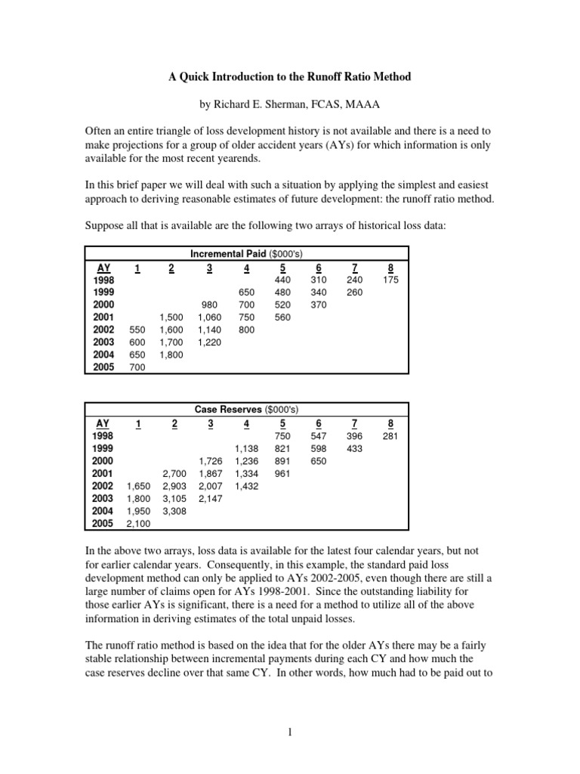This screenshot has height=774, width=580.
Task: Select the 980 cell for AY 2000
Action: coord(209,305)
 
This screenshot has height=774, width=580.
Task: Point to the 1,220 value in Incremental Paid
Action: coord(209,342)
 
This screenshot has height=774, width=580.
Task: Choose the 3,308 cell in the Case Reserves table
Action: coord(174,511)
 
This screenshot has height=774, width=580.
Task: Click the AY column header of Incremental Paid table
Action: coord(103,267)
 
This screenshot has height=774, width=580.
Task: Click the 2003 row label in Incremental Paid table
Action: coord(103,342)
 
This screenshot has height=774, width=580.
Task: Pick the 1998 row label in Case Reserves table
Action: coord(103,435)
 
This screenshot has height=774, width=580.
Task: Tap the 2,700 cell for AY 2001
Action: coord(174,473)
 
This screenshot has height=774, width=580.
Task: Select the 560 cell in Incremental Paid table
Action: coord(282,317)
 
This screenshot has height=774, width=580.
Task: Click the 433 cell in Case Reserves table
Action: coord(354,448)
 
